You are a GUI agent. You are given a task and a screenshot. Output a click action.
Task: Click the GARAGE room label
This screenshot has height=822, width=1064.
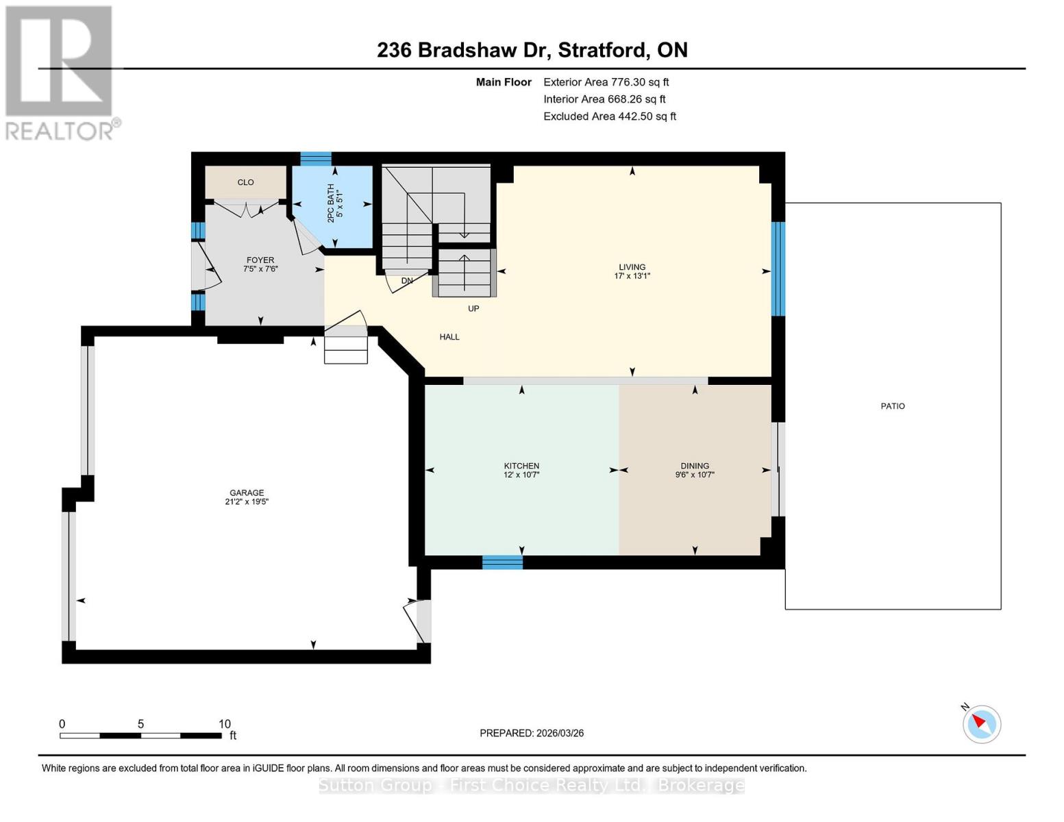click(247, 493)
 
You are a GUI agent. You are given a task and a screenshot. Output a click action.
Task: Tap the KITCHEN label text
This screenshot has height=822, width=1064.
click(521, 466)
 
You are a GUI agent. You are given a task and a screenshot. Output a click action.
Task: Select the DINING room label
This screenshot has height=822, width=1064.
click(695, 466)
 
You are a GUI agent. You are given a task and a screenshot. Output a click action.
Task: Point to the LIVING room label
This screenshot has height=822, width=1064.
click(632, 267)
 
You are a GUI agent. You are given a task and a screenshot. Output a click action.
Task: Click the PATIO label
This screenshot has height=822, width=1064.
click(892, 406)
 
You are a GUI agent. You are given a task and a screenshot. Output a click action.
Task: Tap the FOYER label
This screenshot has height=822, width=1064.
click(260, 260)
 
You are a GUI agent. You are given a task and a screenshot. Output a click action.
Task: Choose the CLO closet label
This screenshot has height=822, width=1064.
click(245, 182)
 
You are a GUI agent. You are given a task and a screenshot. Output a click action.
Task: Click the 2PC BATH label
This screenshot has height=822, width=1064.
click(331, 203)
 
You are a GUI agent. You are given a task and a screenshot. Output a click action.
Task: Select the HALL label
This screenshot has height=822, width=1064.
click(449, 337)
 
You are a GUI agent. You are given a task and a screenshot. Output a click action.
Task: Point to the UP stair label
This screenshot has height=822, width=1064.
click(473, 309)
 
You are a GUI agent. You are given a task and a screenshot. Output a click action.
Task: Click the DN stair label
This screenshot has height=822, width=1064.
click(407, 281)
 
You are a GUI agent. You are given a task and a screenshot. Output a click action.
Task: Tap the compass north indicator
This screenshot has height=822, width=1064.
click(981, 723)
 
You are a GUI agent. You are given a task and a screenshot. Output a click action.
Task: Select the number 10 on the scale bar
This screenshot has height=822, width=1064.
click(224, 724)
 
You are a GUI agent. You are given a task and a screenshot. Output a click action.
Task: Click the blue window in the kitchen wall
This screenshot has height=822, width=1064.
click(502, 562)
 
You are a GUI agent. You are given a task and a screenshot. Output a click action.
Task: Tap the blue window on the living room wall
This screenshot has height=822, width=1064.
click(778, 269)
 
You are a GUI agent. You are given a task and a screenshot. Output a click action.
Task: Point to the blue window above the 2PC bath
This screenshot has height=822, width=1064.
click(316, 159)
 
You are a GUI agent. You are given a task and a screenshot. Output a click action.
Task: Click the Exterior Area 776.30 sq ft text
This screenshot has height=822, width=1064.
click(606, 82)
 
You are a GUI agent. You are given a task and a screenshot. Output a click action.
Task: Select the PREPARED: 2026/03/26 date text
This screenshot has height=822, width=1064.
click(532, 733)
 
